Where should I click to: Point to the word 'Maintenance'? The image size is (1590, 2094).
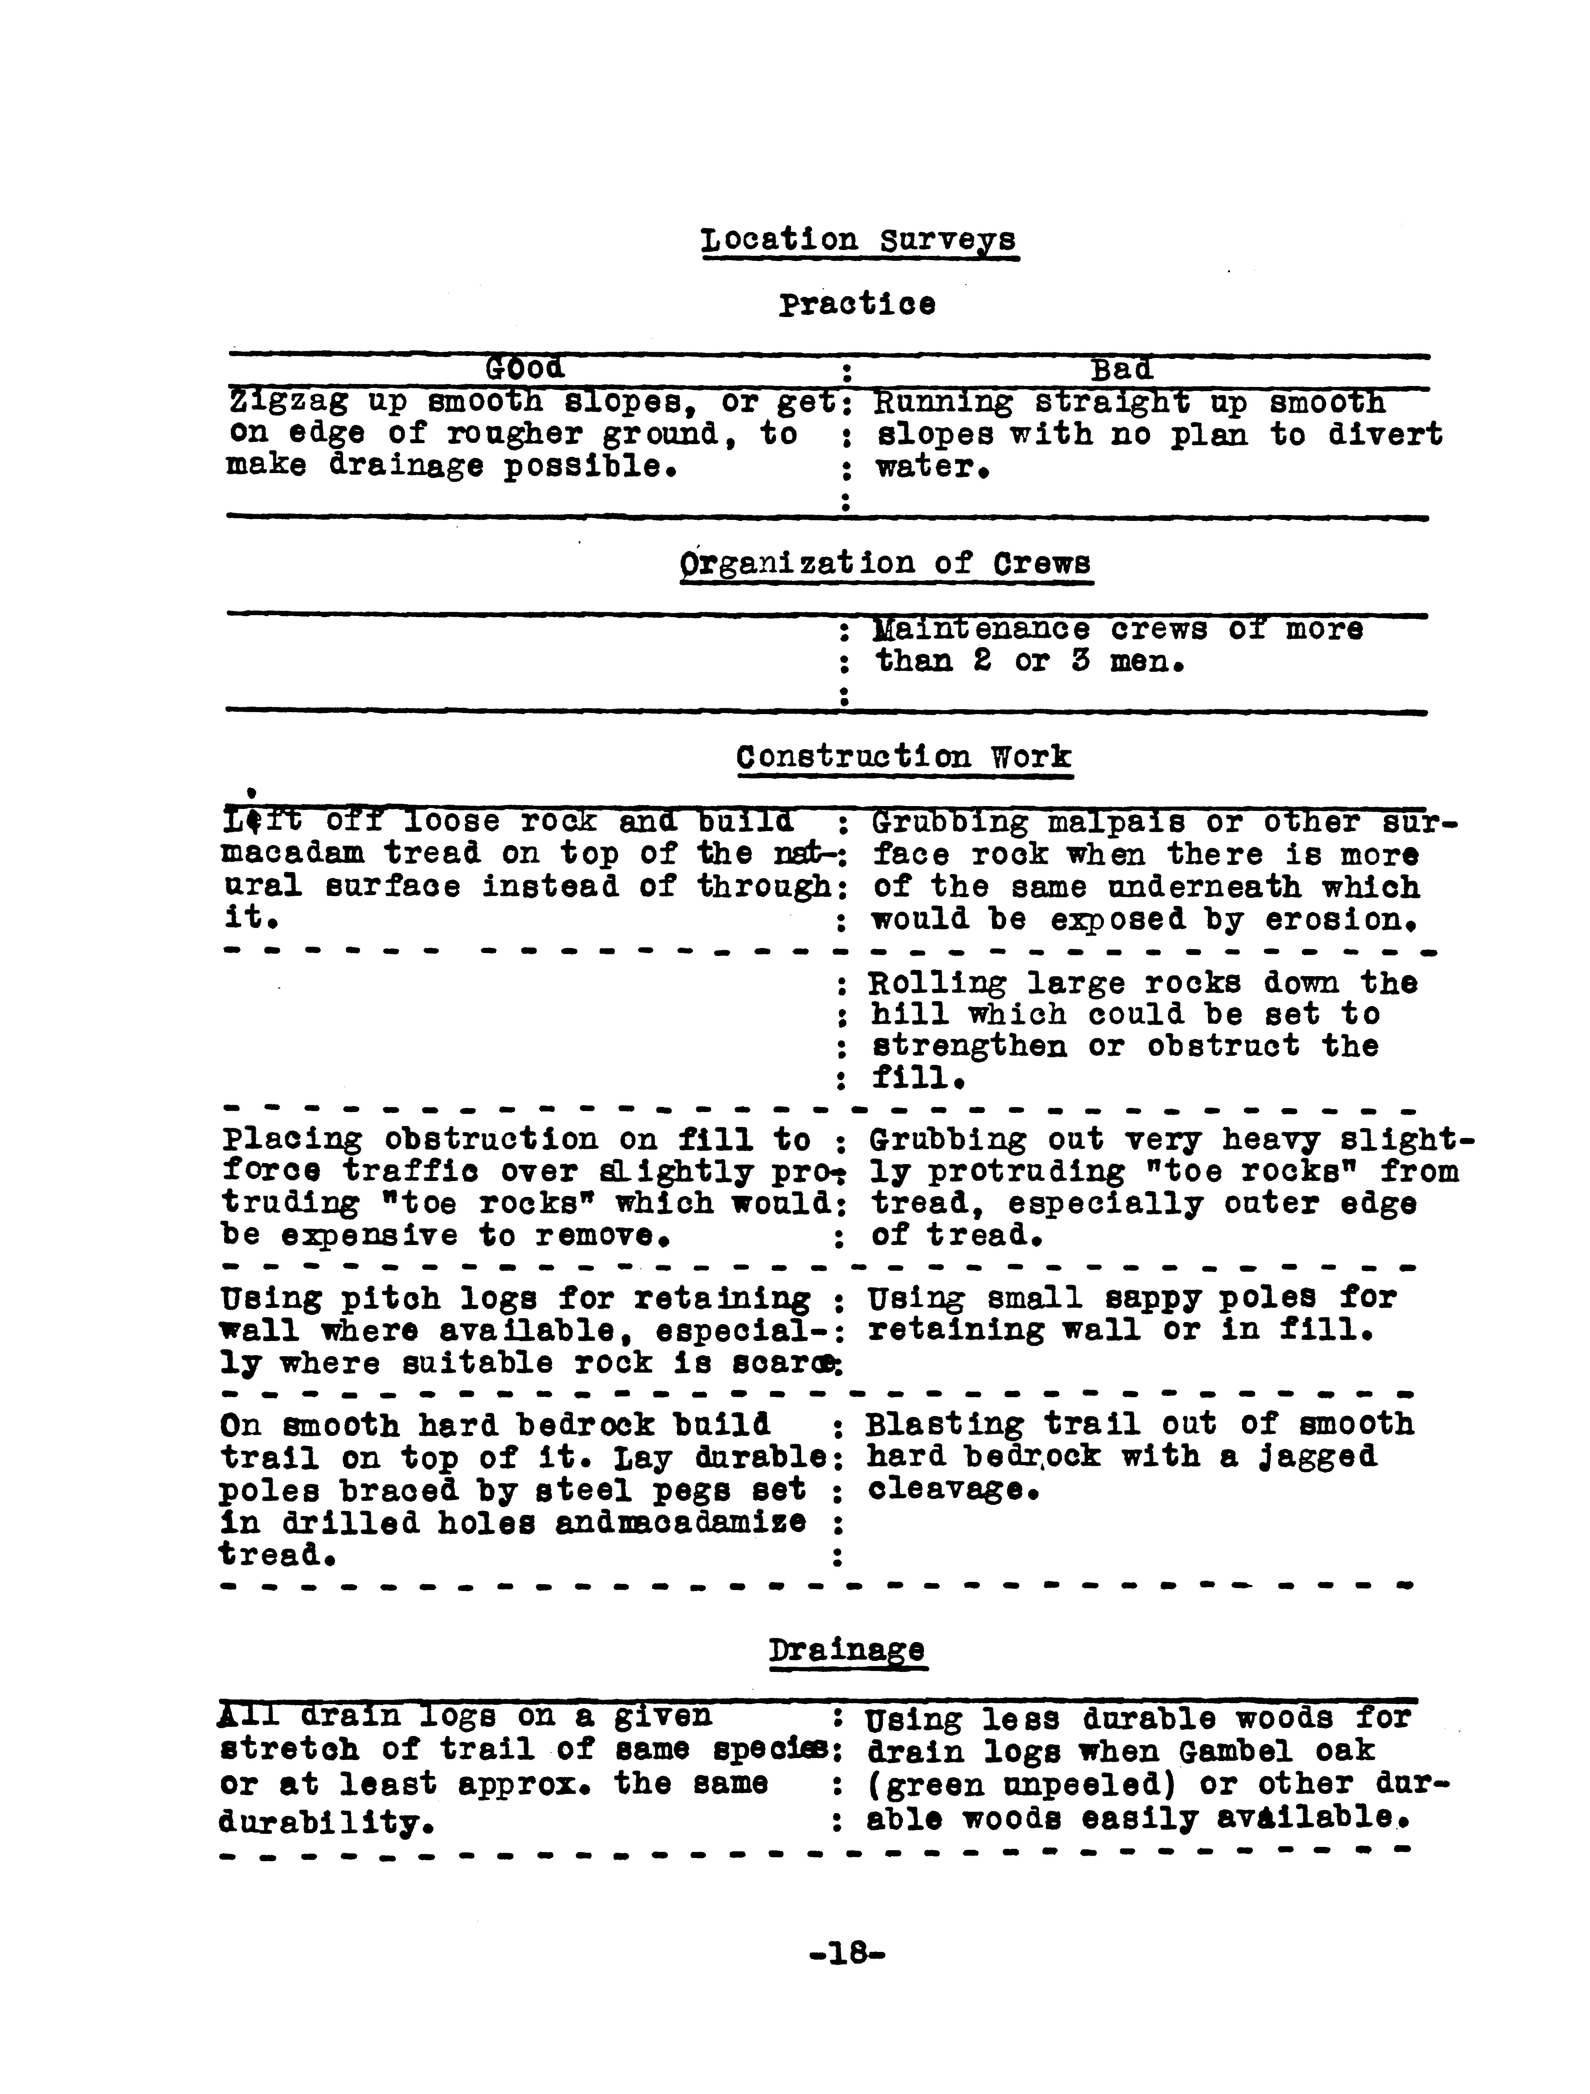click(981, 630)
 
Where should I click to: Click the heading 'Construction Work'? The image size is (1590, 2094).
click(904, 757)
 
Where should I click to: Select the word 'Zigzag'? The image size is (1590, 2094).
click(287, 403)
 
